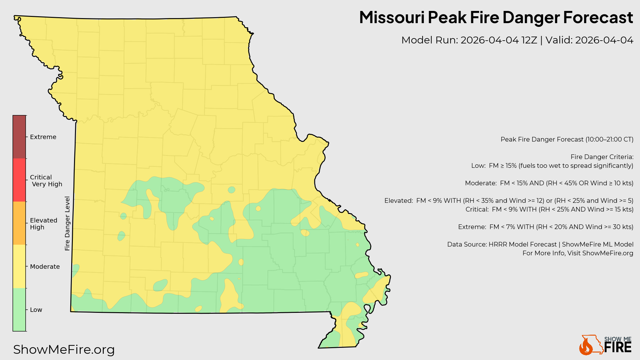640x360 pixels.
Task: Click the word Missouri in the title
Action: (392, 17)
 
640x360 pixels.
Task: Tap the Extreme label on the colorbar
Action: (43, 137)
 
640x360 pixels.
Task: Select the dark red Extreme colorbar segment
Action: (19, 137)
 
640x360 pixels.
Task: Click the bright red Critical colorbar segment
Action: (19, 180)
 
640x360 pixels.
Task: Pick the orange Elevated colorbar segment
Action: (19, 223)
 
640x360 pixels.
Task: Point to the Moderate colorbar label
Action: (45, 267)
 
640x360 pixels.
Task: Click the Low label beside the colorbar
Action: (36, 310)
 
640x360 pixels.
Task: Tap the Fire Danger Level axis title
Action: (67, 223)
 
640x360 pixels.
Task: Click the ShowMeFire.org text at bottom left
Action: (64, 349)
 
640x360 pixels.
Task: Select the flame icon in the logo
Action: (586, 347)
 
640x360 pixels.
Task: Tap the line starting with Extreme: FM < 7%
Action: (546, 227)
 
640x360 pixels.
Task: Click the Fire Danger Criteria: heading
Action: (602, 157)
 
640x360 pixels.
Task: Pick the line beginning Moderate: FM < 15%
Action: (549, 183)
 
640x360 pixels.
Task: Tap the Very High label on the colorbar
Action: (47, 184)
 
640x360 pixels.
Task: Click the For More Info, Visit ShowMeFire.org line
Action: (578, 253)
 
